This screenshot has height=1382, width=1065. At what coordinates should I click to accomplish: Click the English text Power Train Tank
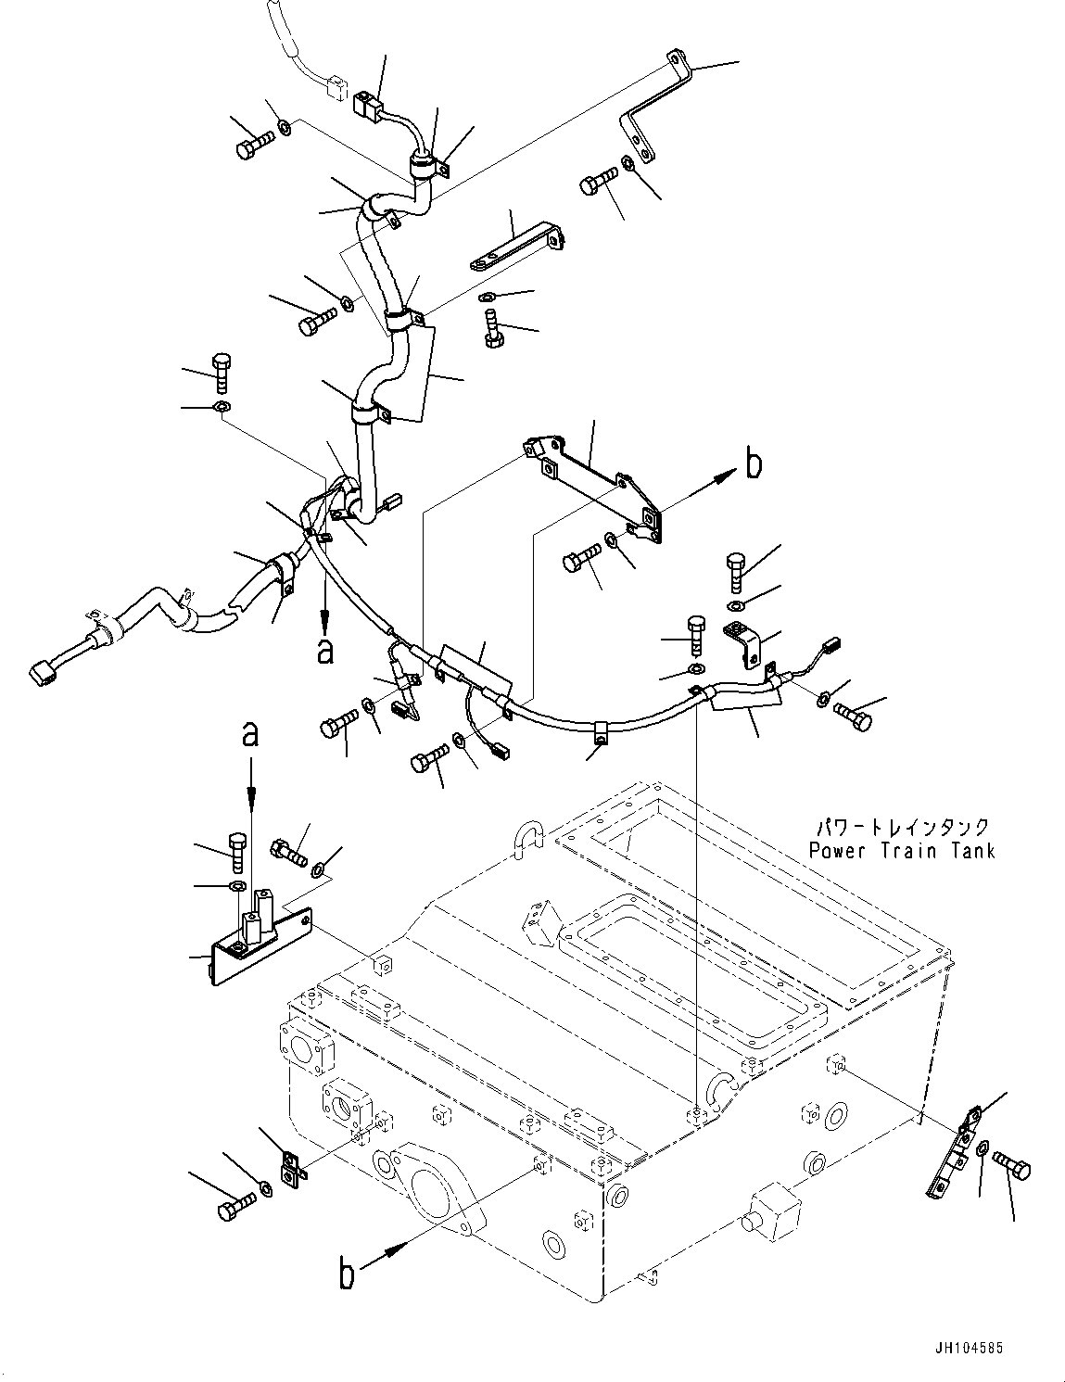[901, 850]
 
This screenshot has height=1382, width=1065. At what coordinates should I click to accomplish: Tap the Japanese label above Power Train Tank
[901, 826]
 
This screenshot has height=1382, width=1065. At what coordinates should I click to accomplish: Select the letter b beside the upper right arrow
[754, 463]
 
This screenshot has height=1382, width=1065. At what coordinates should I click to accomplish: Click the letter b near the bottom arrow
[346, 1275]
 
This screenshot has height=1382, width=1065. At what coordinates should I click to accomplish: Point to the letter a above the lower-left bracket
[249, 735]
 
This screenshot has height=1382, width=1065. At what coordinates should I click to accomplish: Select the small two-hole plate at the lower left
[293, 1168]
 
